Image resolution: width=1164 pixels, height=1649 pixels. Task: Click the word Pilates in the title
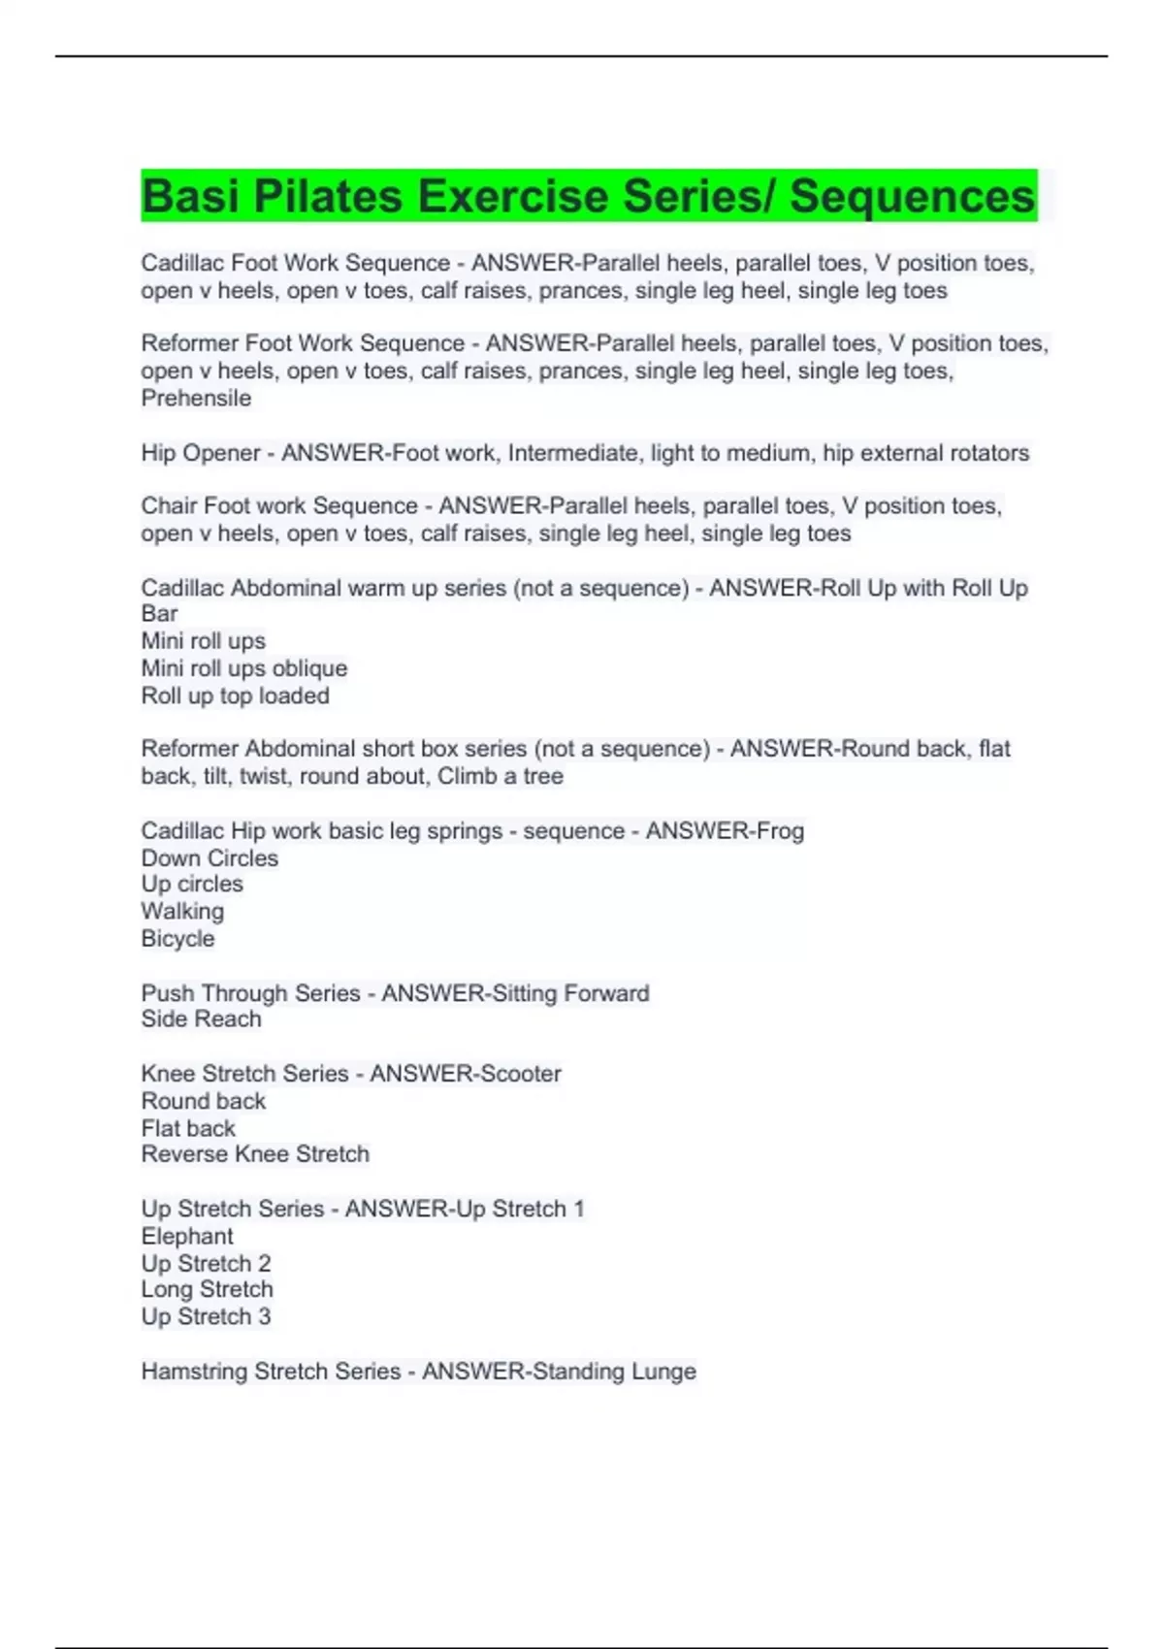(328, 196)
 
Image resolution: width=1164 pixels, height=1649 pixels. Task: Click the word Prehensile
(196, 399)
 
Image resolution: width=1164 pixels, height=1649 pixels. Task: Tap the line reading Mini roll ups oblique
(243, 668)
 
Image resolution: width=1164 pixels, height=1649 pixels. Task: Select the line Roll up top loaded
(235, 695)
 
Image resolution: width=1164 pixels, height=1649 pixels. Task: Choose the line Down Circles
(210, 858)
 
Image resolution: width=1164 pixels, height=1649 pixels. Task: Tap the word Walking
(182, 912)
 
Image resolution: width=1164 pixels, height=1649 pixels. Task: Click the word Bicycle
(178, 939)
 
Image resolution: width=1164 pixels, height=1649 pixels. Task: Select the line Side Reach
(201, 1019)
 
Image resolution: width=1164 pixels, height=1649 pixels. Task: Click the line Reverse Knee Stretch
(255, 1154)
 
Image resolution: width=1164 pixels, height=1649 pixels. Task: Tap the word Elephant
(187, 1237)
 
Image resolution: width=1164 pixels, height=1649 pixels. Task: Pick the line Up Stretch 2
(206, 1264)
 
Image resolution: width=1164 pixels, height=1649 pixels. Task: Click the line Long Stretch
(207, 1290)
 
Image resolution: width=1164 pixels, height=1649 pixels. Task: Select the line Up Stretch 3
(206, 1317)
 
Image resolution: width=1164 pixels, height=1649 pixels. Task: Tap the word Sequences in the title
(912, 196)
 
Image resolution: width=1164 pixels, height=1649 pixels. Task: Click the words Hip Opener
(201, 453)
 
